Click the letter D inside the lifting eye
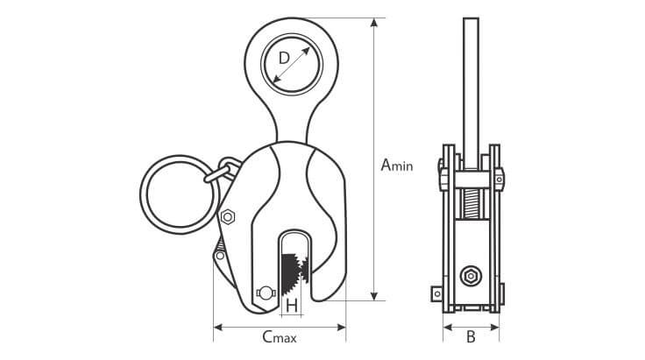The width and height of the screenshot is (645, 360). tap(283, 59)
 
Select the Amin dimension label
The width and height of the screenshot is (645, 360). tap(397, 164)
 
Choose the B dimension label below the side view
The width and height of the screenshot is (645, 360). tap(471, 336)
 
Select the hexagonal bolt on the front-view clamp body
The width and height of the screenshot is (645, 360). tap(229, 216)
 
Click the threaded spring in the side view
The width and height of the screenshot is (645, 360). tap(471, 206)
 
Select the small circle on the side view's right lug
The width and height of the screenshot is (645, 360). tap(499, 180)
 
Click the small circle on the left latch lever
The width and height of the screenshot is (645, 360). tap(217, 258)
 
